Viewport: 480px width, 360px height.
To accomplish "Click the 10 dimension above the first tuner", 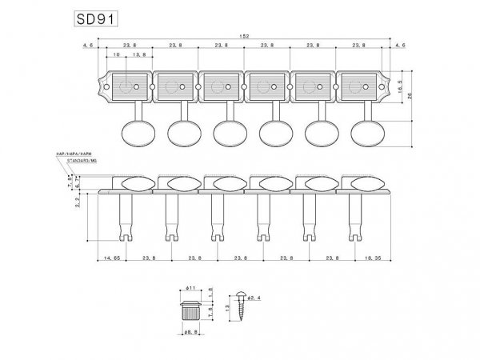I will [x=117, y=56].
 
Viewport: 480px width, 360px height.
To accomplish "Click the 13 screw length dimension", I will [x=229, y=307].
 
